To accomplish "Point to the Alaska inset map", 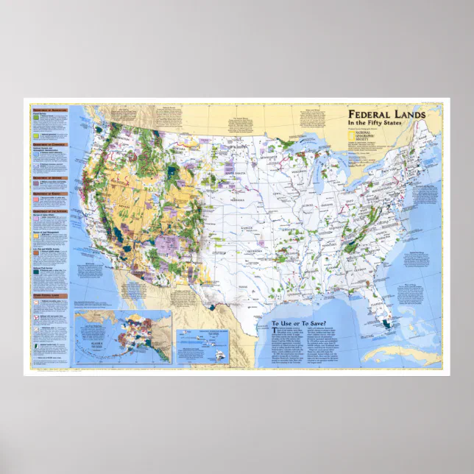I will (x=122, y=336).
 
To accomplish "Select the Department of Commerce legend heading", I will (x=49, y=145).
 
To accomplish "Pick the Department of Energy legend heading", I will (x=49, y=193).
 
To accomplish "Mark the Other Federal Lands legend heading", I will (x=49, y=296).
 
